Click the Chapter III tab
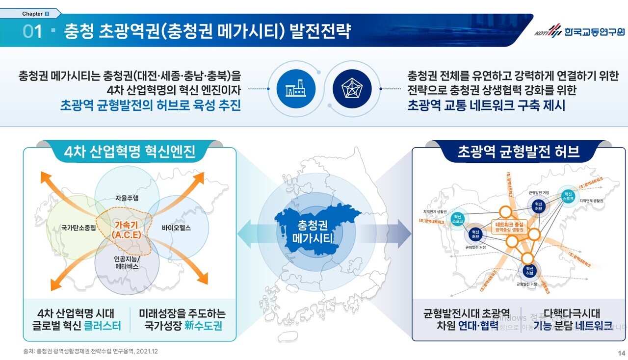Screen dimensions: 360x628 [x=30, y=14]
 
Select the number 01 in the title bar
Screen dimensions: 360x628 [x=33, y=32]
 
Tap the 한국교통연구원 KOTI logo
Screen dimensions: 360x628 [x=580, y=32]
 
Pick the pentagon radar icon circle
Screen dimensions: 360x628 [x=352, y=89]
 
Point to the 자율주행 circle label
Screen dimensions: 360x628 [x=127, y=199]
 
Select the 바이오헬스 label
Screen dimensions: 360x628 [x=176, y=228]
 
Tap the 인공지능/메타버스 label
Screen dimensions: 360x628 [x=127, y=262]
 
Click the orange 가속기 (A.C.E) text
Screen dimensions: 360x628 [x=127, y=230]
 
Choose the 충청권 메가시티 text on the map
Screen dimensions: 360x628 [x=313, y=232]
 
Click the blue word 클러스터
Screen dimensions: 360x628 [x=103, y=326]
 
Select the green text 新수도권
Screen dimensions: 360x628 [x=203, y=326]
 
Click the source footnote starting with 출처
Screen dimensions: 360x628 [x=91, y=352]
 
